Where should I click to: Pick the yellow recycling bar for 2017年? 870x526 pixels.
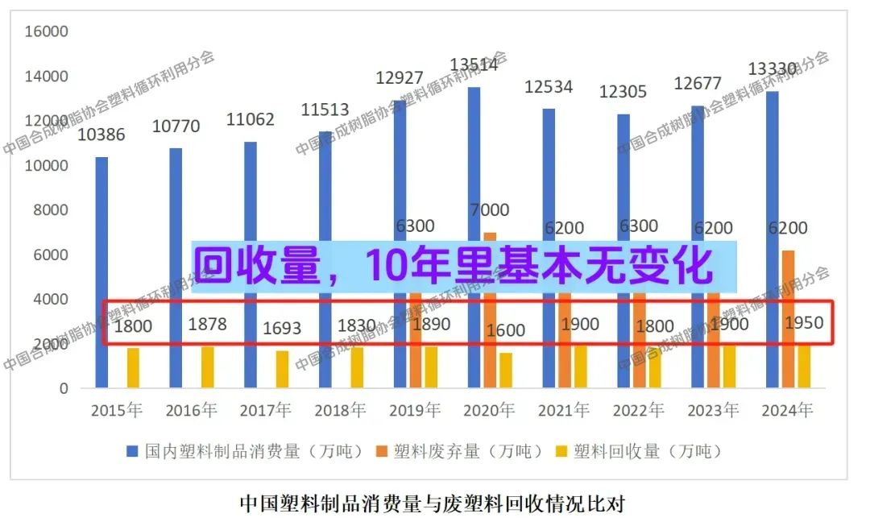click(282, 370)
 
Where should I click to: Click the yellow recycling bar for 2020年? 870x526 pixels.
click(506, 371)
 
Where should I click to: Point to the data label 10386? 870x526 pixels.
click(101, 135)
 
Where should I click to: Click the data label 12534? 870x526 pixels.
click(549, 86)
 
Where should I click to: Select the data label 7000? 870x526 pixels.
click(489, 210)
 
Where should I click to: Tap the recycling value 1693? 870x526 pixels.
click(282, 328)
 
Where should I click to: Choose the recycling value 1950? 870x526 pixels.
click(804, 323)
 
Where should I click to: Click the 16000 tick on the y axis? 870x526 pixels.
click(47, 31)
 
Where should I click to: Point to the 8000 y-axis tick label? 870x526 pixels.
click(51, 210)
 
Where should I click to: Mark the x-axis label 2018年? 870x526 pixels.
click(340, 411)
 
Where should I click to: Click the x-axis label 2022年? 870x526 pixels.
click(638, 411)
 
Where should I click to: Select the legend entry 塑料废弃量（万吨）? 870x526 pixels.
click(467, 451)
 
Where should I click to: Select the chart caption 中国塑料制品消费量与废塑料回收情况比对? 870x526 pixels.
click(433, 504)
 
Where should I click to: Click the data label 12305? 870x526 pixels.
click(623, 92)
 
